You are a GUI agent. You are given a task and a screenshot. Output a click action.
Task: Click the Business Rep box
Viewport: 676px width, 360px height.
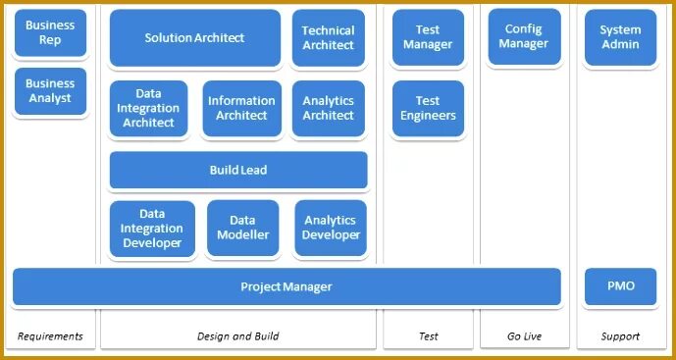[x=50, y=32]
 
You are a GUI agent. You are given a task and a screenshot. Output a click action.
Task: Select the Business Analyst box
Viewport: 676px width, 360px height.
[x=50, y=91]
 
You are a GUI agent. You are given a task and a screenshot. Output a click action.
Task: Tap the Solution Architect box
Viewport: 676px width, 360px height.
[x=194, y=38]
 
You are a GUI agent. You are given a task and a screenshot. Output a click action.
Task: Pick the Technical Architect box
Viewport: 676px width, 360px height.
[x=328, y=38]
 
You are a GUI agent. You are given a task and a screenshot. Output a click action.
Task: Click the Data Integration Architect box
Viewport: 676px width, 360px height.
[x=149, y=109]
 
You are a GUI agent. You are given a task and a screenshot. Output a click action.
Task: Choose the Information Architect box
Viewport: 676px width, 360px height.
[x=241, y=109]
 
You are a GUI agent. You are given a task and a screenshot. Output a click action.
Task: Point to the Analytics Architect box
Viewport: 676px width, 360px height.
[x=328, y=109]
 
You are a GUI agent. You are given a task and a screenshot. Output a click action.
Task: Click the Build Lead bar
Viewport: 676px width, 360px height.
[x=238, y=170]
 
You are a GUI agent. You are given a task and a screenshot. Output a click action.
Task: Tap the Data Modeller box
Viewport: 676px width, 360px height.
[x=242, y=229]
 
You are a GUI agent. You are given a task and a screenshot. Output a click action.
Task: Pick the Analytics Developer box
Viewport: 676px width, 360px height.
[x=331, y=229]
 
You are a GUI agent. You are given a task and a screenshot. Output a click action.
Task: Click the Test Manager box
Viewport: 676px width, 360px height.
[x=428, y=37]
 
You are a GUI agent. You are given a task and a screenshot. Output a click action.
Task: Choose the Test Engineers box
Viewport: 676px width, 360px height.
[x=428, y=108]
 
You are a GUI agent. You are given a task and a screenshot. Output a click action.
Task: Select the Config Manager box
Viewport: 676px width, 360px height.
[x=525, y=36]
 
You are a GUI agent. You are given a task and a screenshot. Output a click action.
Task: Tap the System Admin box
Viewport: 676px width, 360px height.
[x=620, y=37]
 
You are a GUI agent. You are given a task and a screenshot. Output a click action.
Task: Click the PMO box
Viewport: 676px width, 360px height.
[x=620, y=286]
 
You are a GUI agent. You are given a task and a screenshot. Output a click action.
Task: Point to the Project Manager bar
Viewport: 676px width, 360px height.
[x=286, y=286]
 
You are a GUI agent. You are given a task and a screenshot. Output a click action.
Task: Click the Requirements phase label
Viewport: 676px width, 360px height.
[x=50, y=336]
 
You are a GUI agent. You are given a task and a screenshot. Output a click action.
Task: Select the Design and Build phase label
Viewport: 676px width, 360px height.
[x=238, y=336]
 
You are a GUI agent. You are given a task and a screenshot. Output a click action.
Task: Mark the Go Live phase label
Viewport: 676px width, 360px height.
[x=525, y=336]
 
